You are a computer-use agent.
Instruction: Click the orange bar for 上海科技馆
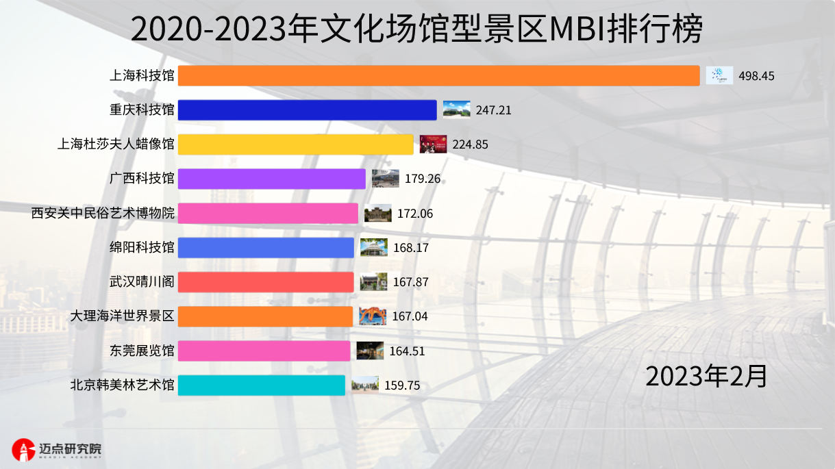click(438, 75)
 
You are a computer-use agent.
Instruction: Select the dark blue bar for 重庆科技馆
click(307, 110)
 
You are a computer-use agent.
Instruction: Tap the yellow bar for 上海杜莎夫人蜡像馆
click(295, 144)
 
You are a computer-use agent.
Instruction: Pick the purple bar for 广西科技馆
click(272, 179)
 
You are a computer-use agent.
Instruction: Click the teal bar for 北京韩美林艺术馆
click(261, 385)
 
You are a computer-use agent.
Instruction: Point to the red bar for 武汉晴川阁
click(266, 282)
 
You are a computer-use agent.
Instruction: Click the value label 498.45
click(756, 76)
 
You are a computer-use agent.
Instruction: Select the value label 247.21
click(493, 110)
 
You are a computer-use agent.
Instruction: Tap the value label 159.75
click(402, 385)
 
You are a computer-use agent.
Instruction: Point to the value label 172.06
click(415, 214)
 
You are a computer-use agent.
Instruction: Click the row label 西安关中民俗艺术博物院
click(103, 213)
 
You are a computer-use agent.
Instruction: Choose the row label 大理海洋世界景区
click(123, 316)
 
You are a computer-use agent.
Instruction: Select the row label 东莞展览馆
click(142, 351)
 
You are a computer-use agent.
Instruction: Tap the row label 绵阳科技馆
click(142, 247)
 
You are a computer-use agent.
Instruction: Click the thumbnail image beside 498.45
click(719, 75)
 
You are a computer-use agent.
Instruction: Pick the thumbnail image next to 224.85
click(433, 144)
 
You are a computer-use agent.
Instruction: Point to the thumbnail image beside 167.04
click(373, 316)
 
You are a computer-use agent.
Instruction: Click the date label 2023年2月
click(706, 376)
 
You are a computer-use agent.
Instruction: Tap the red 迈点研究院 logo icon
click(24, 449)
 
